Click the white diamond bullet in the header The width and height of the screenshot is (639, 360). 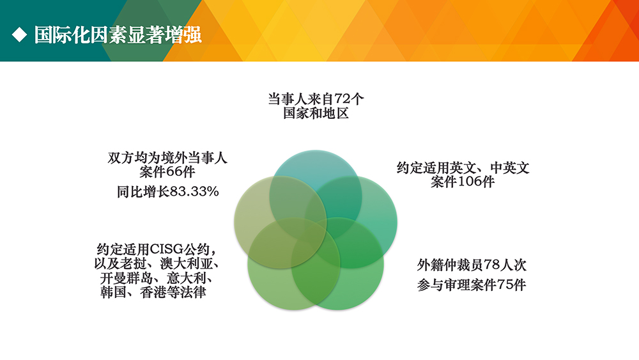point(19,35)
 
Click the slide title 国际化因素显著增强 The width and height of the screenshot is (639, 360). point(118,35)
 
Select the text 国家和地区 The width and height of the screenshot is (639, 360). point(316,113)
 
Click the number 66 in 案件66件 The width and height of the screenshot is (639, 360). point(174,171)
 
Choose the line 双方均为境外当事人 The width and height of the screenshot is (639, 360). point(167,158)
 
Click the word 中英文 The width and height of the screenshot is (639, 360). point(510,168)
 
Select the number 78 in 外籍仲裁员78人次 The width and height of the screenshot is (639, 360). point(491,265)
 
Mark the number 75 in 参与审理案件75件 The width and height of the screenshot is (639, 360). point(505,285)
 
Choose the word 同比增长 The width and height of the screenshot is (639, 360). point(143,191)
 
